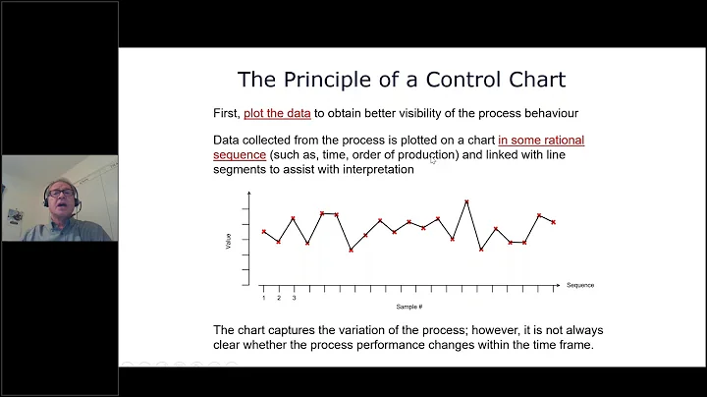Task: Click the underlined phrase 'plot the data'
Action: click(x=277, y=113)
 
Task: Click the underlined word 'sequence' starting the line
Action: click(x=240, y=154)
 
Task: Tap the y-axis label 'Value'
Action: click(x=229, y=239)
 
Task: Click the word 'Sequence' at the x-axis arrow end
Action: click(x=579, y=285)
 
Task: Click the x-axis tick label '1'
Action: click(x=264, y=297)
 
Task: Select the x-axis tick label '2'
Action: click(x=279, y=297)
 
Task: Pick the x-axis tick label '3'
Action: click(x=294, y=297)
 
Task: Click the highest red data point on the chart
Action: click(x=466, y=201)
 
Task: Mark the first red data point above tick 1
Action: click(x=264, y=232)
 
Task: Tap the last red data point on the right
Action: click(x=554, y=222)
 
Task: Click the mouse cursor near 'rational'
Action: click(x=433, y=159)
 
